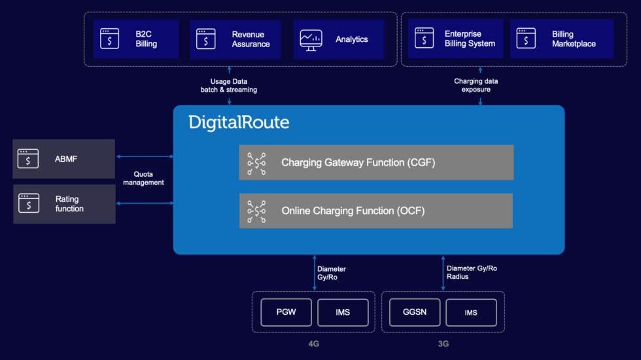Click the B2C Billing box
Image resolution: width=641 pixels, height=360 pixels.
pyautogui.click(x=135, y=39)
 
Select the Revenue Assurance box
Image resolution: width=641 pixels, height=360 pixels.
pyautogui.click(x=235, y=39)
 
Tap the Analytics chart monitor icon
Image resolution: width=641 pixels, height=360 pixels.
pyautogui.click(x=311, y=39)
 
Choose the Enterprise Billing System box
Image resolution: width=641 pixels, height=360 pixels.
pyautogui.click(x=455, y=39)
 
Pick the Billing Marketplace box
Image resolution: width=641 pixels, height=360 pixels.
pyautogui.click(x=561, y=39)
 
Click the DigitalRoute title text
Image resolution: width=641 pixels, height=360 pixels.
pyautogui.click(x=239, y=122)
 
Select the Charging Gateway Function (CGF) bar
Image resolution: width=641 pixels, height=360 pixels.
pyautogui.click(x=376, y=162)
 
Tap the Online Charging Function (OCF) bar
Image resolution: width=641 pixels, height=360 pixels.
pyautogui.click(x=376, y=211)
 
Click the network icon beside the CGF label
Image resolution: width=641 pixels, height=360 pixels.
pyautogui.click(x=256, y=163)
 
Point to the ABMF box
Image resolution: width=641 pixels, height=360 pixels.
pyautogui.click(x=63, y=158)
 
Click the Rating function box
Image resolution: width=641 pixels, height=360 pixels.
pyautogui.click(x=63, y=204)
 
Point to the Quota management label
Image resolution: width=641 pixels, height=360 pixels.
pyautogui.click(x=143, y=178)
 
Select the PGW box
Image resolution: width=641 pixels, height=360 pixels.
pyautogui.click(x=286, y=312)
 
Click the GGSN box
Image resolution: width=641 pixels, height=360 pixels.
pyautogui.click(x=414, y=312)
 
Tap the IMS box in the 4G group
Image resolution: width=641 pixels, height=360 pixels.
pyautogui.click(x=343, y=312)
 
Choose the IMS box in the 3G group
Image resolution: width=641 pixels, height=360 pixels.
pyautogui.click(x=471, y=312)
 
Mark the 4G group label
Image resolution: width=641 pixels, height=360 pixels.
pyautogui.click(x=314, y=344)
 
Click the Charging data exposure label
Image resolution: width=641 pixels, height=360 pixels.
pyautogui.click(x=476, y=85)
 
